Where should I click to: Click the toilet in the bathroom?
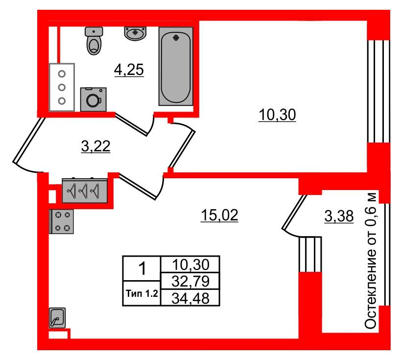tap(94, 41)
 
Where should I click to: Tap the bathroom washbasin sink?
tap(135, 33)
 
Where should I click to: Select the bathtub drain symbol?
tap(176, 38)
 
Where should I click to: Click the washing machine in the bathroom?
tap(94, 99)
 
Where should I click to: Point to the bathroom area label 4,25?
tap(129, 70)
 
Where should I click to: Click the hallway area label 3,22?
tap(95, 146)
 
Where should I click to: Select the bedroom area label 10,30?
tap(277, 115)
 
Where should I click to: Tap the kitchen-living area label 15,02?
tap(219, 215)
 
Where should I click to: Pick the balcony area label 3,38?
tap(339, 216)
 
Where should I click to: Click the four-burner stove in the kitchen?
tap(62, 221)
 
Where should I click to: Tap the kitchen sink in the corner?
tap(57, 318)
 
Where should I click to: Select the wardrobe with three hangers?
tap(85, 191)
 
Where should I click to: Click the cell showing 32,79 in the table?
tap(190, 281)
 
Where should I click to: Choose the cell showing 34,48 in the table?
tap(190, 298)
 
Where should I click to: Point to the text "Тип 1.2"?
tap(142, 293)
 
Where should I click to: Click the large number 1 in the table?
tap(142, 268)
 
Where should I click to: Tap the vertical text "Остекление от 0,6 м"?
tap(371, 260)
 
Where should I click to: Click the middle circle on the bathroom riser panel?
tap(62, 88)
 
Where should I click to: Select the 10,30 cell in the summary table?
tap(190, 264)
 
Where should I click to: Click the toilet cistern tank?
tap(94, 31)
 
